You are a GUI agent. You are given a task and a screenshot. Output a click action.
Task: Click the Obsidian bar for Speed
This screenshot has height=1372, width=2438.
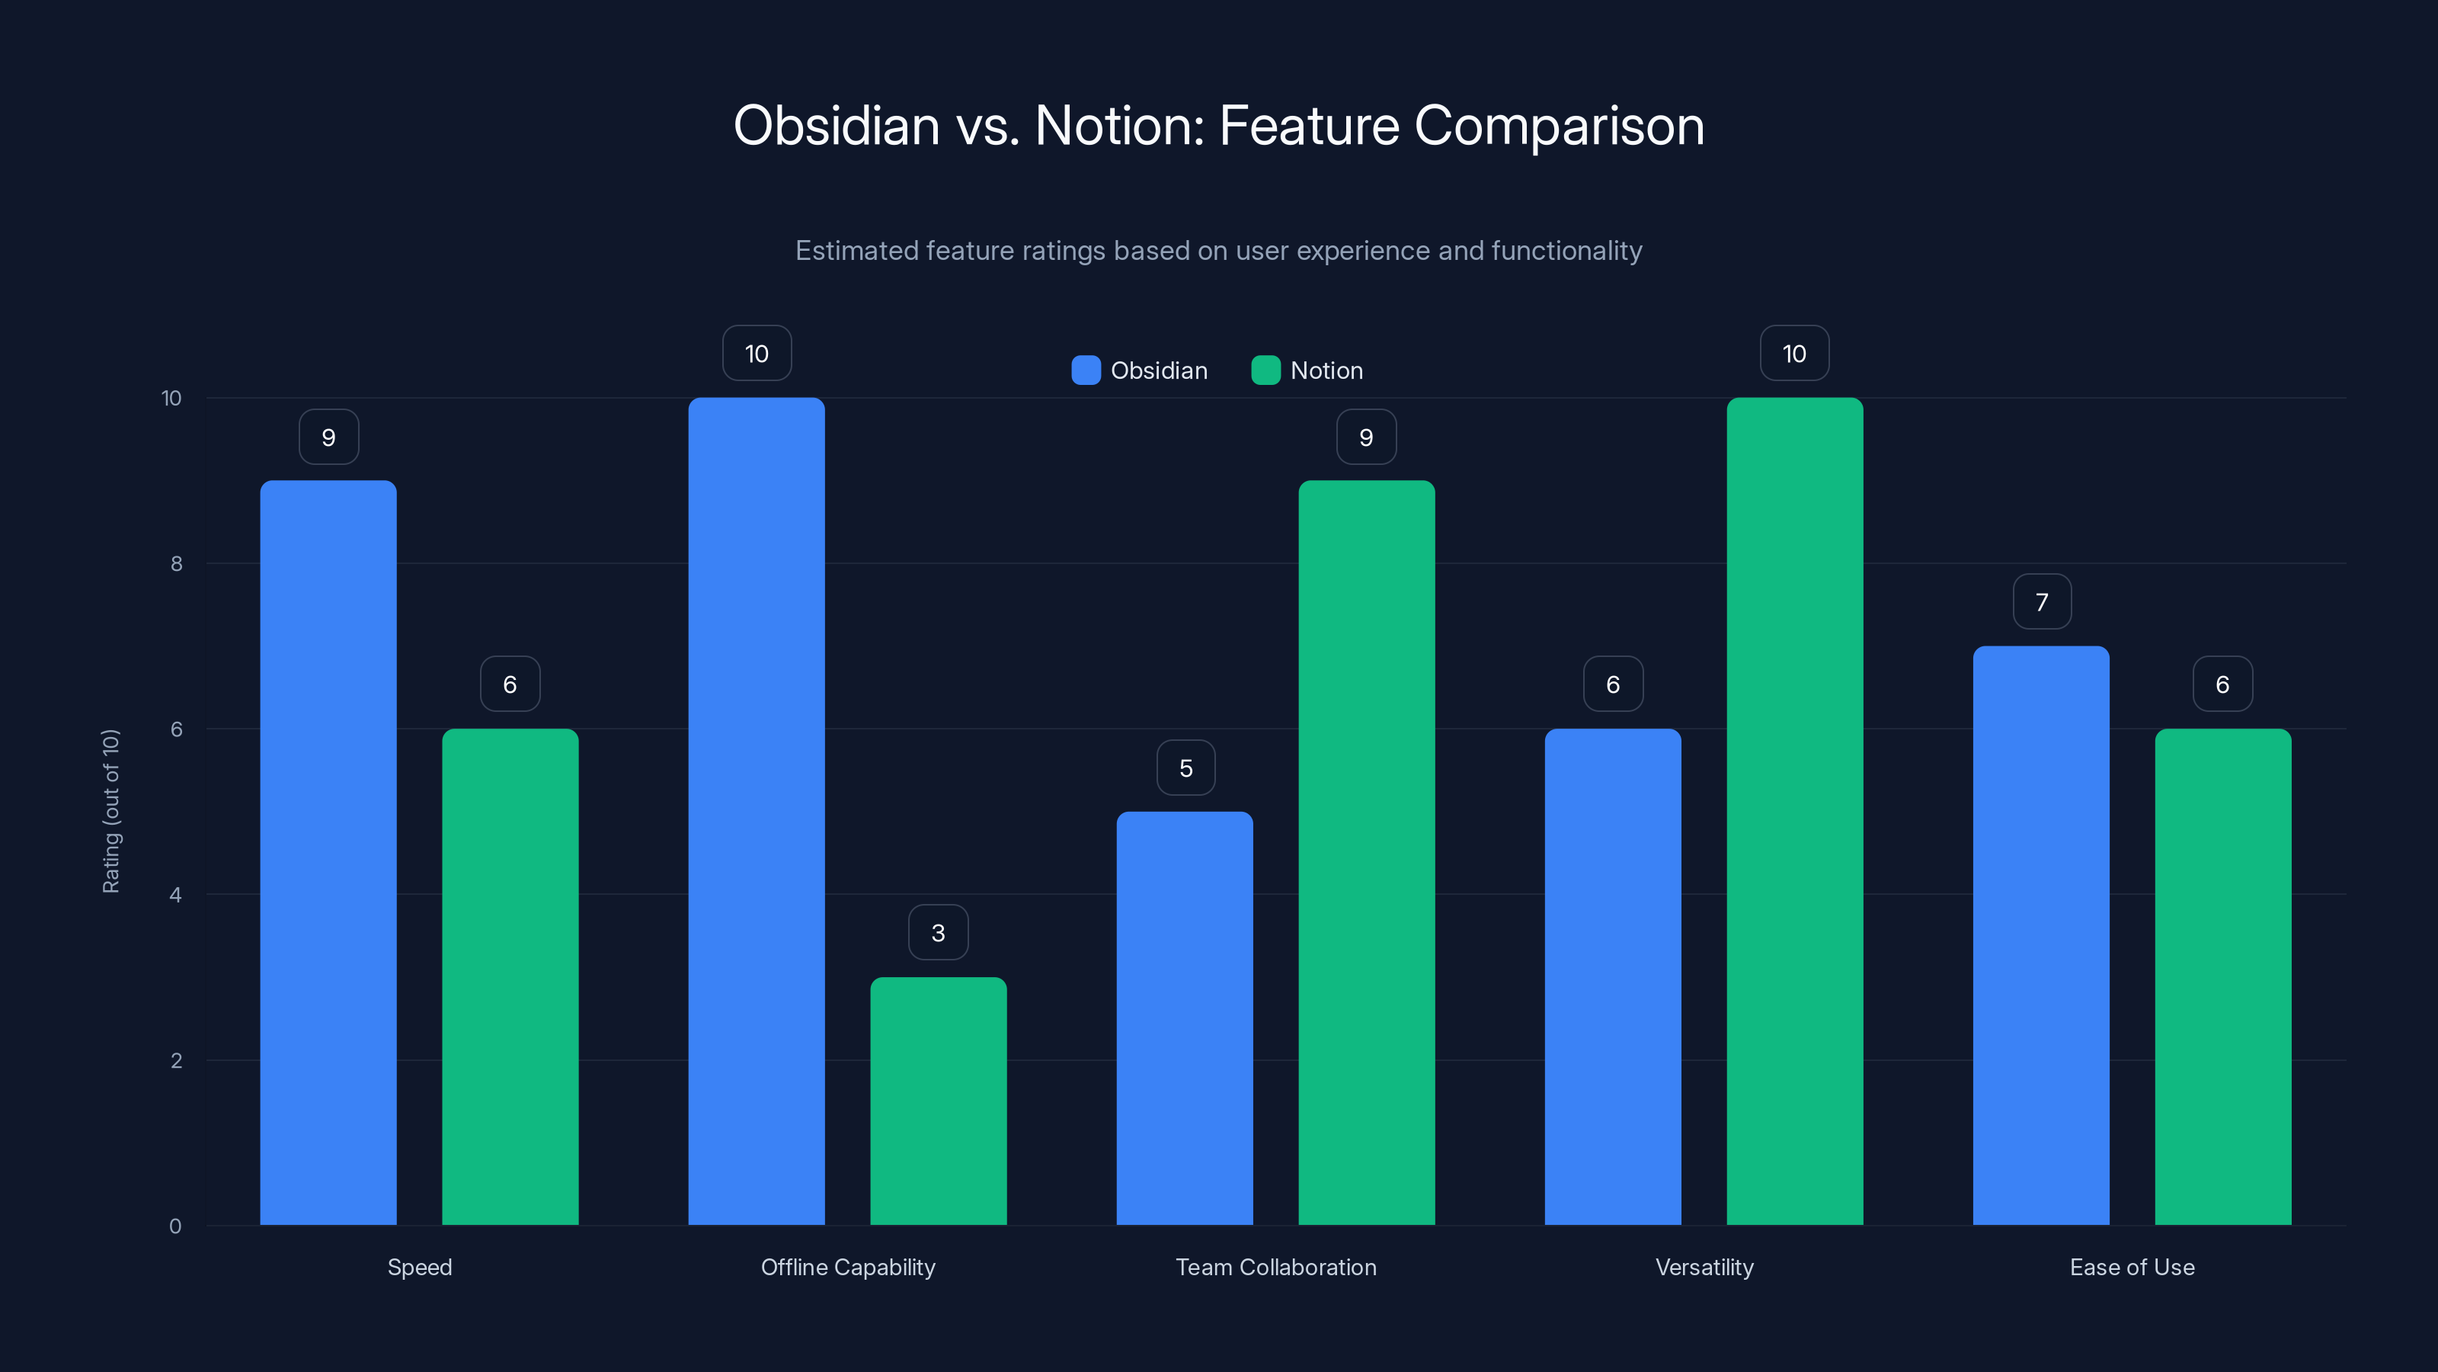(328, 852)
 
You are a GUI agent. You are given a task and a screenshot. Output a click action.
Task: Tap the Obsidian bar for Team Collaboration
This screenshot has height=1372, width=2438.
(1184, 1018)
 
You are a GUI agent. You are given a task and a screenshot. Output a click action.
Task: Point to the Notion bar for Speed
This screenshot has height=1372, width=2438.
(510, 976)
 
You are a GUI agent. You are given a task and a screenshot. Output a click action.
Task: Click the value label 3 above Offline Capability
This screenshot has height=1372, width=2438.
(938, 933)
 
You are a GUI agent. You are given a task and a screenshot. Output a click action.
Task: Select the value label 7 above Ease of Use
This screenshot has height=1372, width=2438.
(2042, 602)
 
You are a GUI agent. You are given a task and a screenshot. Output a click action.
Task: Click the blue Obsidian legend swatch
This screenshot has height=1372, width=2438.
(1086, 370)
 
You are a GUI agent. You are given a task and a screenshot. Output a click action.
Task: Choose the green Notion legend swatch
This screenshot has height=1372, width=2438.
(1265, 370)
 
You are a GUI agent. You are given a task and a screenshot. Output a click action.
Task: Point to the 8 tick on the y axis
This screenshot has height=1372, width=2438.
(176, 564)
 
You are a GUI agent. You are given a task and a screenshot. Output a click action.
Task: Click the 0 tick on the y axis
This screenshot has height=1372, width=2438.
(175, 1226)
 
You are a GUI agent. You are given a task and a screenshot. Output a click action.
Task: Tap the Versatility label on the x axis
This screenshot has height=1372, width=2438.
(1704, 1267)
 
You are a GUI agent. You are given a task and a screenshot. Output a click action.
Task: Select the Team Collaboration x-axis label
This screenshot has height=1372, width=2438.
(1276, 1267)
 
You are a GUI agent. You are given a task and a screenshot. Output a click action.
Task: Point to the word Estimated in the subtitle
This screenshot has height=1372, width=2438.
(856, 251)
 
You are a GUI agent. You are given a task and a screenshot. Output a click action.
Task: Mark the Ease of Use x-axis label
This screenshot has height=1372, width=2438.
(2132, 1267)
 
